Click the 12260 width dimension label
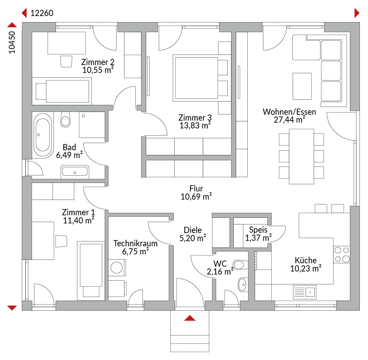click(x=42, y=13)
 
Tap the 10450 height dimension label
click(x=12, y=43)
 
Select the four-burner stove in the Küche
click(x=342, y=254)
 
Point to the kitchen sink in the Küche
click(x=305, y=292)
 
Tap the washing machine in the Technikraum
click(x=117, y=267)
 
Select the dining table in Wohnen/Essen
click(x=301, y=156)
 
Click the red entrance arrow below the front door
click(x=190, y=318)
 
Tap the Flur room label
click(x=196, y=189)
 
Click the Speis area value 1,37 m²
click(x=258, y=238)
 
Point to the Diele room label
click(x=193, y=230)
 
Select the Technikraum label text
click(x=135, y=244)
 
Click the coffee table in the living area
click(x=302, y=86)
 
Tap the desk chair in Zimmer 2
click(x=66, y=61)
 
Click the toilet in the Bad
click(x=65, y=119)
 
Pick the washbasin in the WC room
click(x=243, y=284)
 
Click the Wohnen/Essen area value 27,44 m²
click(x=289, y=120)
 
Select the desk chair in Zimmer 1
click(x=61, y=241)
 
